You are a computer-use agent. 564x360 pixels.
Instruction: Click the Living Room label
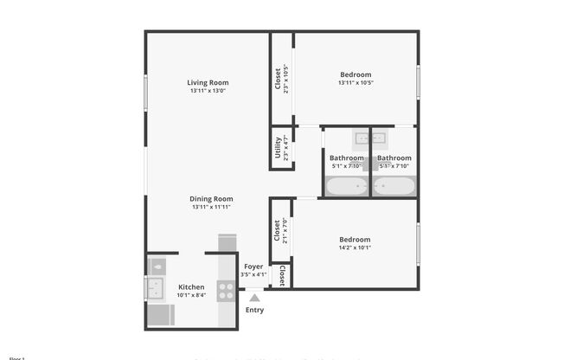tap(208, 82)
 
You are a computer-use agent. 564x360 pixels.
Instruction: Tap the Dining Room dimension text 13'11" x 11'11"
tap(212, 208)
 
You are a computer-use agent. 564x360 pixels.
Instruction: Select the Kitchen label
tap(191, 286)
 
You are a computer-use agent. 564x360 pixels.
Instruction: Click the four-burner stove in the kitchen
tap(227, 291)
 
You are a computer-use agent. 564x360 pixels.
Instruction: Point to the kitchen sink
tap(157, 289)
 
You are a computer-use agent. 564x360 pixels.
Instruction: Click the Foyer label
tap(253, 267)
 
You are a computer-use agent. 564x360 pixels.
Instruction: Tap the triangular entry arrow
tap(254, 298)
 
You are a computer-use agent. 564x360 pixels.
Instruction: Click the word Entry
tap(254, 310)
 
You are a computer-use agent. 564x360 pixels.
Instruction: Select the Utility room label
tap(278, 150)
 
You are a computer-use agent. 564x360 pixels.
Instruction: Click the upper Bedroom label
tap(355, 74)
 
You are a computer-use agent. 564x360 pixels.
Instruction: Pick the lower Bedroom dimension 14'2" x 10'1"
tap(355, 247)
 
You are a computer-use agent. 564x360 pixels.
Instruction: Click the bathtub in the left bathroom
tap(346, 186)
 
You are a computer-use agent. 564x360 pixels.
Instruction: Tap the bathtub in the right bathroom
tap(394, 186)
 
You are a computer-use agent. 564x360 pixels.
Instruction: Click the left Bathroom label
tap(346, 157)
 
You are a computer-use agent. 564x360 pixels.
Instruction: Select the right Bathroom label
tap(394, 157)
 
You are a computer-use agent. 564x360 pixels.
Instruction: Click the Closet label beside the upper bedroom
tap(278, 79)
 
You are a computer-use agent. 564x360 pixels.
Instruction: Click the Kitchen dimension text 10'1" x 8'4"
tap(191, 295)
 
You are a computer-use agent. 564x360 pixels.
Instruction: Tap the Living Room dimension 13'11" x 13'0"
tap(208, 91)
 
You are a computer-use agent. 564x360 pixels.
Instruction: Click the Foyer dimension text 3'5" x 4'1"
tap(253, 274)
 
